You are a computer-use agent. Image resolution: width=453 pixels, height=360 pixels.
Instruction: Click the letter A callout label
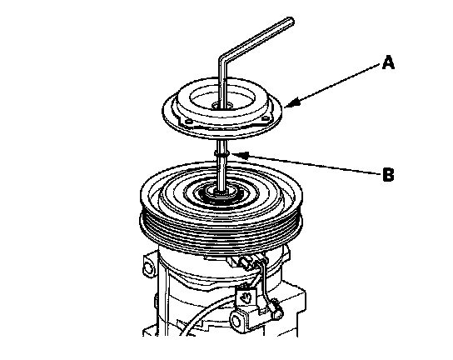388,62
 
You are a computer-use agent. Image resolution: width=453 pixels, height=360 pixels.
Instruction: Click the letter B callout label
388,175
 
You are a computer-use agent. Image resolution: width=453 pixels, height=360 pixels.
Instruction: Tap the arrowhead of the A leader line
291,103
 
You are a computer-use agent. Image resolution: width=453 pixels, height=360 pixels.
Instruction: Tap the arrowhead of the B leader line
240,155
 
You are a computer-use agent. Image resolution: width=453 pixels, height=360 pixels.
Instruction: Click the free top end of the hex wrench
291,21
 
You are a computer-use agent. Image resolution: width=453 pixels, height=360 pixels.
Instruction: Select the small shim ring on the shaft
222,153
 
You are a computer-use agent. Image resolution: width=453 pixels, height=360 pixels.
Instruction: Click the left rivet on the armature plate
189,122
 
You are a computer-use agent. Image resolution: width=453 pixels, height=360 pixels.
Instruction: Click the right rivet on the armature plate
265,118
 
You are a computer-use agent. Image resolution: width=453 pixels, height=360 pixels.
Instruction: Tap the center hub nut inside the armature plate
222,106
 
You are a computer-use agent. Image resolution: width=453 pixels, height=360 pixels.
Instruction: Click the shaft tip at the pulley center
222,192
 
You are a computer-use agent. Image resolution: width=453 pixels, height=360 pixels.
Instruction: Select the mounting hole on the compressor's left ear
149,267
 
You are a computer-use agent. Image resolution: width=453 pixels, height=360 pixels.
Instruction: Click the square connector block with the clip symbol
246,297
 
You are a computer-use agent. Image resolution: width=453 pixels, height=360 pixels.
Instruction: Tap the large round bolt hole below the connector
237,322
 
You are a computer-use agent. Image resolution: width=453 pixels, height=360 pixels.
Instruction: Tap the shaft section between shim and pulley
222,172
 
